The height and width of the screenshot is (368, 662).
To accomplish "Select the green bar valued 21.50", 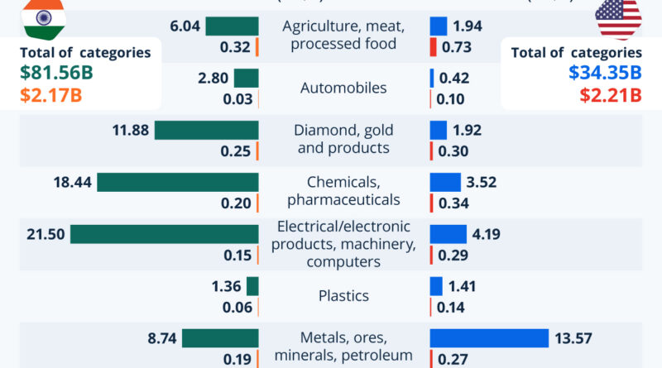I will click(x=164, y=234).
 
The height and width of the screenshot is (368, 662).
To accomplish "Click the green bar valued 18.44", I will click(x=178, y=182).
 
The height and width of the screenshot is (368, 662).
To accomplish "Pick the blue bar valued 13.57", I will click(x=489, y=338).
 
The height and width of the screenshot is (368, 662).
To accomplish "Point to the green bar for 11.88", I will click(x=206, y=130).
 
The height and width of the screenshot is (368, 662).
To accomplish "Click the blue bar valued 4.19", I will click(x=448, y=234).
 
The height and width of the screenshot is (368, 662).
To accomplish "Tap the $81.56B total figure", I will click(x=56, y=73).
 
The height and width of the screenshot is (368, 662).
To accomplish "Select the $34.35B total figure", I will click(x=604, y=73).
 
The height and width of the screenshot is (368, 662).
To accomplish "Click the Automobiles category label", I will click(x=344, y=88).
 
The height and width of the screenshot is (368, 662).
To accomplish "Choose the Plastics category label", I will click(x=344, y=295).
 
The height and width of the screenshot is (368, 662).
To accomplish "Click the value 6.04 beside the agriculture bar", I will click(x=185, y=26).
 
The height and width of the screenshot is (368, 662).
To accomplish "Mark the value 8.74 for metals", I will click(x=160, y=338).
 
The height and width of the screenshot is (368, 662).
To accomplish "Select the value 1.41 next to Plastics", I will click(x=464, y=286).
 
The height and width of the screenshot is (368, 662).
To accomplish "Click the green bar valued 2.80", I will click(x=246, y=79).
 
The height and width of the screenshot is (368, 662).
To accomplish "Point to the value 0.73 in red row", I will click(x=457, y=47).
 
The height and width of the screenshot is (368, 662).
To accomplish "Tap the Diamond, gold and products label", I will click(x=344, y=139).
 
